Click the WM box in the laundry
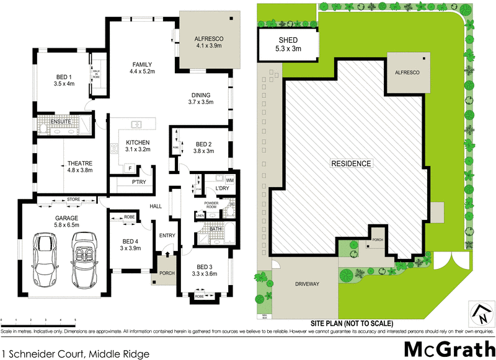coord(229,180)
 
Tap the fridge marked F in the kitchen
coord(130,168)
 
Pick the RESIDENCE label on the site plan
coord(350,164)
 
